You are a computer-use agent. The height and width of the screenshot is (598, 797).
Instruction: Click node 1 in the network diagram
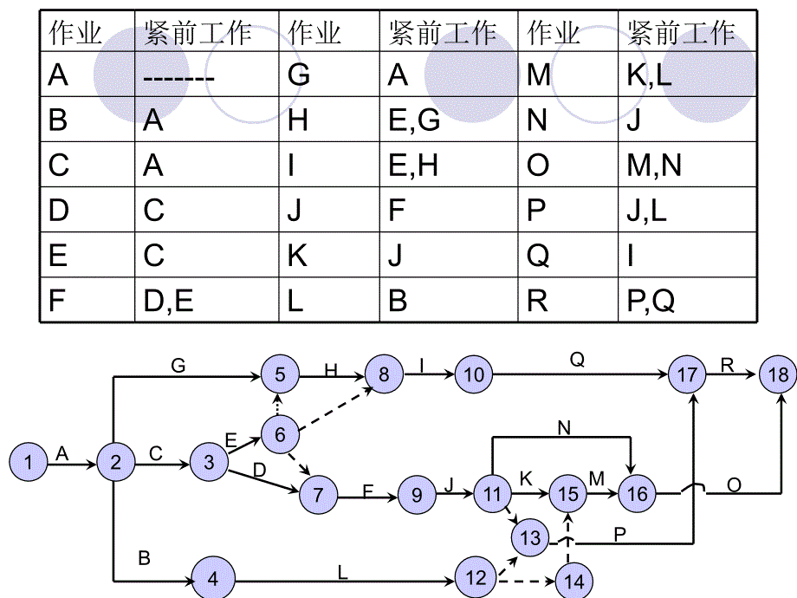[30, 462]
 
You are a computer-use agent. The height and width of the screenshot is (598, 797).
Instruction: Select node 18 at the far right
[777, 374]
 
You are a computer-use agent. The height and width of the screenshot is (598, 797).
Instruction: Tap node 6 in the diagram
[280, 434]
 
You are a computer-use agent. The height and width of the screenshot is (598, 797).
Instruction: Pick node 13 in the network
[530, 539]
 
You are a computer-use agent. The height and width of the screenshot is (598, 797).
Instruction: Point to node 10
[474, 375]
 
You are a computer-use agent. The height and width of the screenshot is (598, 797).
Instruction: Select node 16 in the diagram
[637, 494]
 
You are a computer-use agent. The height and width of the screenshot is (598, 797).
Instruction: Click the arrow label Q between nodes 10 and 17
[577, 360]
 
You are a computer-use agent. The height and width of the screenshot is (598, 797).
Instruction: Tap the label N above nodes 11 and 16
[564, 427]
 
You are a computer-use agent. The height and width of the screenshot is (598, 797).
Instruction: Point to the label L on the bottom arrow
[342, 571]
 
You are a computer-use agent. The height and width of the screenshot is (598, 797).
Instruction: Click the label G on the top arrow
[178, 366]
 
